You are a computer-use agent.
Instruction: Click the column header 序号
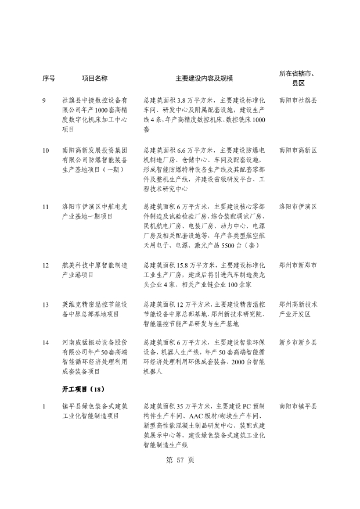49,78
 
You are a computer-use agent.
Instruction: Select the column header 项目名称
95,78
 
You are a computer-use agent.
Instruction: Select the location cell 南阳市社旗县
298,100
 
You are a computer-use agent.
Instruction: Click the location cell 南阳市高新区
298,150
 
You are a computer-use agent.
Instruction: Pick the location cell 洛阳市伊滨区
298,206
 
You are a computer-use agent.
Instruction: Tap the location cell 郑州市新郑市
298,265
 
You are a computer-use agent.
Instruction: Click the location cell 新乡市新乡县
298,343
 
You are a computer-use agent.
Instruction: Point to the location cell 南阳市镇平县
298,407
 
